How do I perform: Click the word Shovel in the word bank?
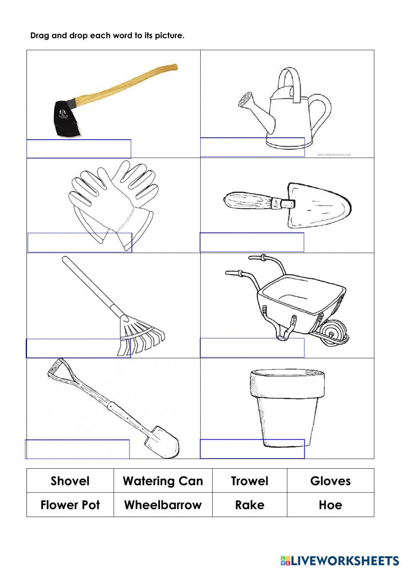[x=70, y=481]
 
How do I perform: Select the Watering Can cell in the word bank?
[x=163, y=481]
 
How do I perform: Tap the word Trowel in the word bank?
[x=250, y=481]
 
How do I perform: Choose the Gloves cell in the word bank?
[x=330, y=481]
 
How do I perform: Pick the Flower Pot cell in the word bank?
[x=70, y=505]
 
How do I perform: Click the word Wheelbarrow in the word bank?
[x=163, y=505]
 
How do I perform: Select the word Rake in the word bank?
[x=250, y=505]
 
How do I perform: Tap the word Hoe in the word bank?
[x=330, y=505]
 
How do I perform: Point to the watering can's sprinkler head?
[x=245, y=99]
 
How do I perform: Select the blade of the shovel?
[x=163, y=443]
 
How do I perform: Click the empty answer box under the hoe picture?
[x=79, y=149]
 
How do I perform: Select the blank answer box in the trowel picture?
[x=252, y=242]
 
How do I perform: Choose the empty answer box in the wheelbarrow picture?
[x=252, y=348]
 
